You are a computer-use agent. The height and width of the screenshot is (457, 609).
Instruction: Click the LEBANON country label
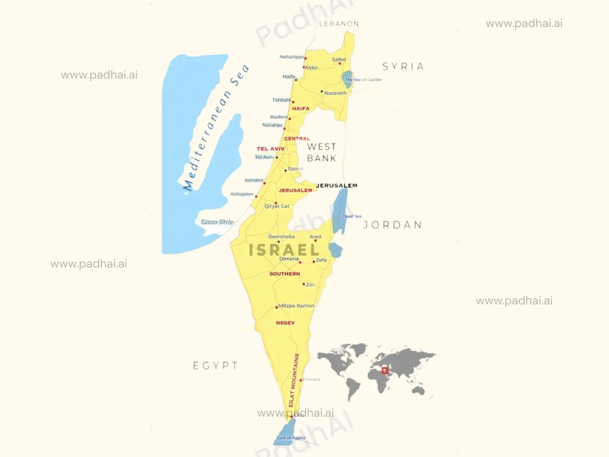pos(339,24)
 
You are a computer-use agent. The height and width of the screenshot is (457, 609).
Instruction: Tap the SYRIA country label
pos(403,66)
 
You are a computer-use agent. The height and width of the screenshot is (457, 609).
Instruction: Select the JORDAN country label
pos(392,225)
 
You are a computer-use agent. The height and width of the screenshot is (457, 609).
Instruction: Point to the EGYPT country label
pos(215,366)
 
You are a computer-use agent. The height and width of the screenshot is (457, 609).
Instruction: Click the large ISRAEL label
pos(284,250)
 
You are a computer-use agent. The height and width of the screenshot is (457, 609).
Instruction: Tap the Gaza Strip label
pos(217,222)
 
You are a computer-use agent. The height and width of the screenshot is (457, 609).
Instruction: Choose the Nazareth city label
pos(335,93)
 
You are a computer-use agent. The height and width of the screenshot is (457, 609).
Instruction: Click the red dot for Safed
pos(340,64)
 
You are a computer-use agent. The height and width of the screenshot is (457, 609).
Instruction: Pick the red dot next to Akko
pos(304,67)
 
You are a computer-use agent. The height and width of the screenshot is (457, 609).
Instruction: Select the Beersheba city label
pos(281,237)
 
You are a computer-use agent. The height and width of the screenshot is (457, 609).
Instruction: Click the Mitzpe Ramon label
pos(296,306)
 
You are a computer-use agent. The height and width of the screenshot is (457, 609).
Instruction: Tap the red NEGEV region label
pos(285,323)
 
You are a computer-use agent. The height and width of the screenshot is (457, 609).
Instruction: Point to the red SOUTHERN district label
pos(285,274)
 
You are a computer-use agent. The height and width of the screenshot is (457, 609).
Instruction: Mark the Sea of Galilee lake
pos(348,79)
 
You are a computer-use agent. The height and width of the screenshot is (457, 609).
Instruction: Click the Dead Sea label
pos(352,216)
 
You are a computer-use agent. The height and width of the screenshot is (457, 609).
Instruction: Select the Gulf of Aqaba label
pos(291,438)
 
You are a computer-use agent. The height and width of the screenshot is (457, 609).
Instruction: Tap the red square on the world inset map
pos(385,371)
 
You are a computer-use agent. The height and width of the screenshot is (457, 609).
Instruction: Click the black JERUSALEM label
pos(337,185)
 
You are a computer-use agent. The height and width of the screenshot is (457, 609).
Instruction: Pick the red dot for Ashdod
pos(265,183)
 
